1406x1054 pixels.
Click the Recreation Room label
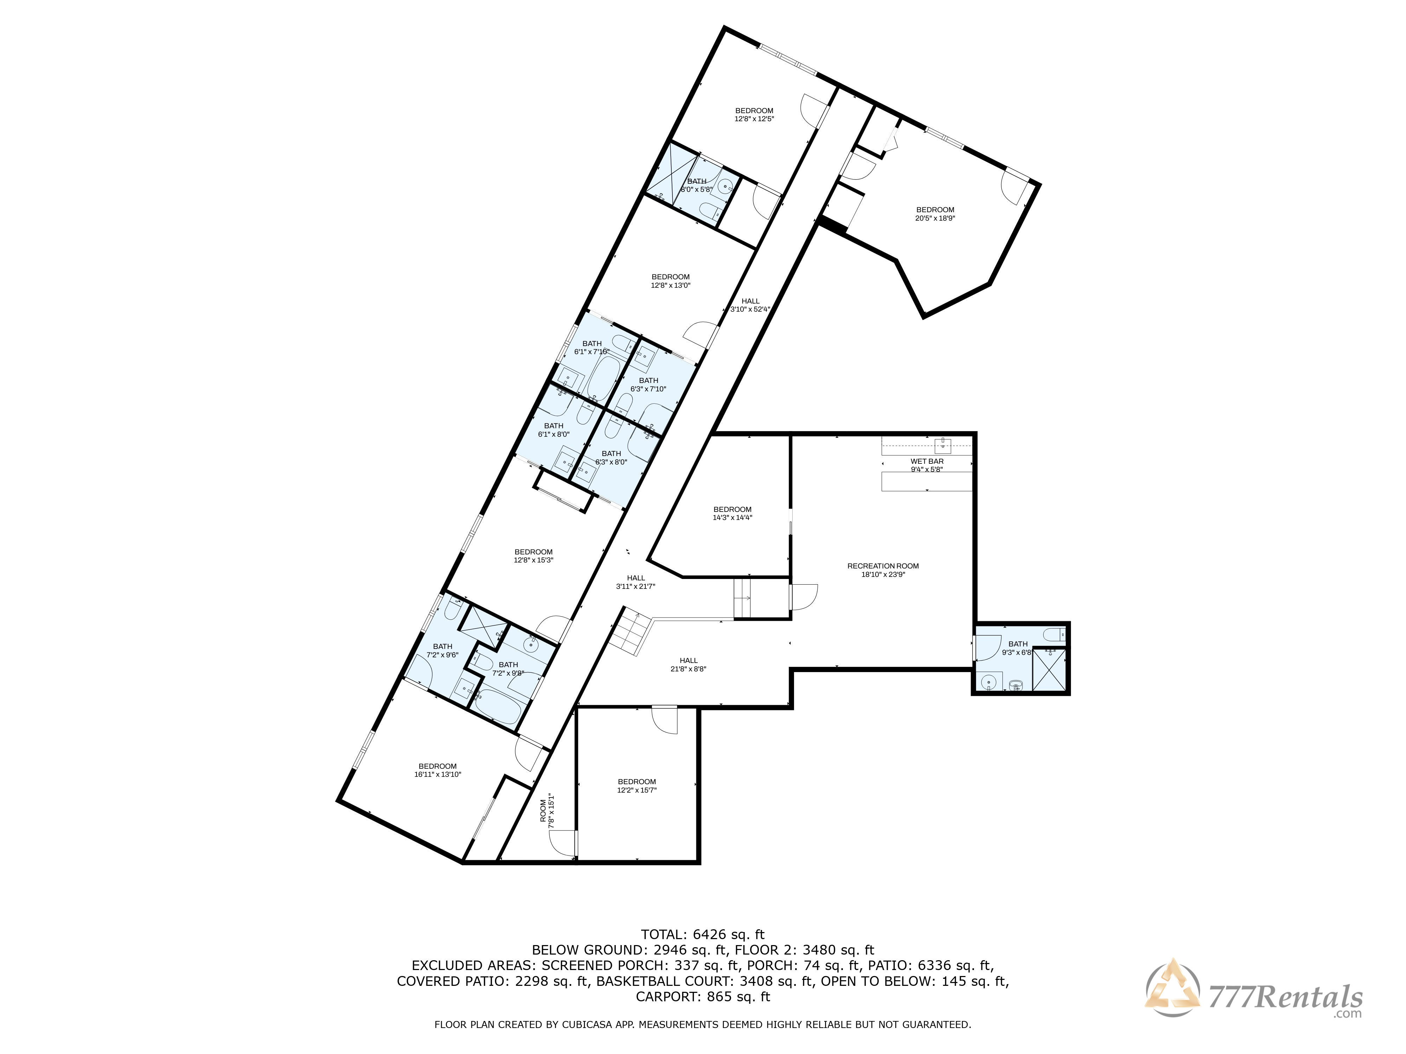883,570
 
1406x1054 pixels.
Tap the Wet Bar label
927,465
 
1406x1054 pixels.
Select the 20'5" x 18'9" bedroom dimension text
935,218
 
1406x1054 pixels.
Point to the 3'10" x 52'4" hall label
750,305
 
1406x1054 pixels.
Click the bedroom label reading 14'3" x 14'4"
732,513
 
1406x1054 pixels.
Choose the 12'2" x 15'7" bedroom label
636,786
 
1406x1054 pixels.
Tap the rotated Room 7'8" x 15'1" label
547,811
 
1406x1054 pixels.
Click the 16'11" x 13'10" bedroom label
437,770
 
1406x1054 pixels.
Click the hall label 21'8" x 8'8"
688,665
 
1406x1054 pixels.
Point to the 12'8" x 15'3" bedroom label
533,556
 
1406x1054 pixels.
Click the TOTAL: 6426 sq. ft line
702,935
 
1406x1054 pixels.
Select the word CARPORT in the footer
668,997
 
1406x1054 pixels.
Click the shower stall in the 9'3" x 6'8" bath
1050,669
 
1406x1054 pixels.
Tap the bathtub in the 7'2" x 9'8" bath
503,706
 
